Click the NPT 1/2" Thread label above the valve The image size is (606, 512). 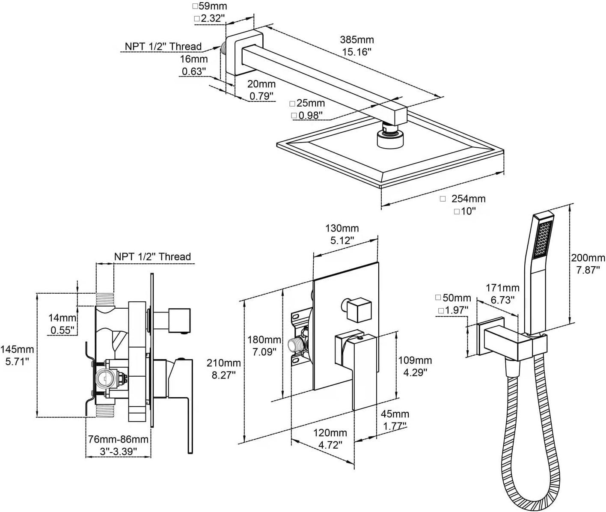coord(152,257)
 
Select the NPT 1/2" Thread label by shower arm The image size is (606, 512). coord(163,46)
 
